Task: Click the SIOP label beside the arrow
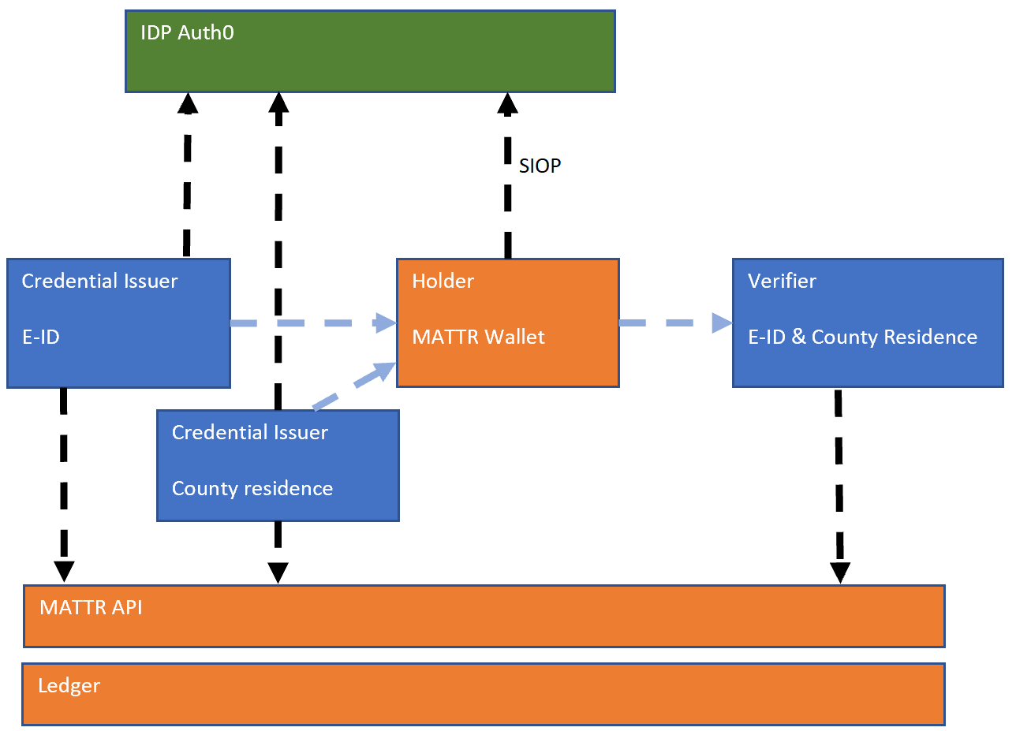(540, 166)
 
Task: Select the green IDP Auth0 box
(369, 52)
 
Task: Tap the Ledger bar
(483, 694)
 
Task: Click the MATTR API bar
(483, 616)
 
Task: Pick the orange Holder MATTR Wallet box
(507, 323)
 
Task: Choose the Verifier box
(867, 323)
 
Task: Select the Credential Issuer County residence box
(278, 465)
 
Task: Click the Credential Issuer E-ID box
(118, 323)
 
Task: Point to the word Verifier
(782, 282)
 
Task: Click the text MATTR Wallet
(478, 338)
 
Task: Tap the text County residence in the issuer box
(252, 489)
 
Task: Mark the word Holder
(443, 282)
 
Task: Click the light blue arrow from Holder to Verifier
(675, 323)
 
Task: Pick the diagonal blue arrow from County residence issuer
(354, 386)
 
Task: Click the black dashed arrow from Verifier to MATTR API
(839, 485)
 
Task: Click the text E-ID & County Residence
(862, 338)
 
